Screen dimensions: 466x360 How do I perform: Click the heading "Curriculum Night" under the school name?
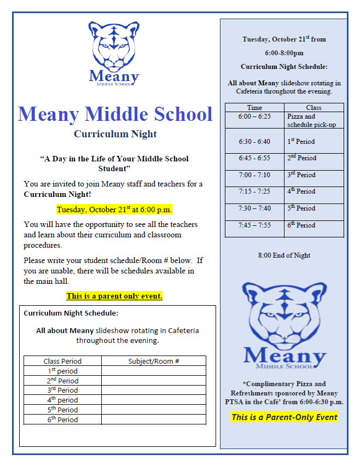pos(115,134)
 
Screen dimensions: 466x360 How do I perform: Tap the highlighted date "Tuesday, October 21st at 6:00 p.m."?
pos(114,209)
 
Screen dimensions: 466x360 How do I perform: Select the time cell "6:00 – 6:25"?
pos(254,116)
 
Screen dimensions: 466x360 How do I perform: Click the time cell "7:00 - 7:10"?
pos(254,175)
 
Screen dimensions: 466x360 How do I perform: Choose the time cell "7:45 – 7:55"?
pos(254,225)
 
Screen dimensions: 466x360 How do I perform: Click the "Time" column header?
pos(254,108)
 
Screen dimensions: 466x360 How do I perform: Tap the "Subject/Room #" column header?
pos(154,361)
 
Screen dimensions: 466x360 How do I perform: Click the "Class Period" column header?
pos(62,361)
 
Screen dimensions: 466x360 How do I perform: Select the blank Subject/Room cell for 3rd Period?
pos(154,391)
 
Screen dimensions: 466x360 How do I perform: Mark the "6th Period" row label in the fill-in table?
pos(62,420)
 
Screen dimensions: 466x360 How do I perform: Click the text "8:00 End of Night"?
pos(284,255)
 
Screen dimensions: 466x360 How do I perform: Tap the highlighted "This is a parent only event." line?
pos(114,296)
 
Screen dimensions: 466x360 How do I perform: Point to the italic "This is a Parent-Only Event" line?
pos(284,417)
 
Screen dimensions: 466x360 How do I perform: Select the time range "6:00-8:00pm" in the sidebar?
pos(284,53)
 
